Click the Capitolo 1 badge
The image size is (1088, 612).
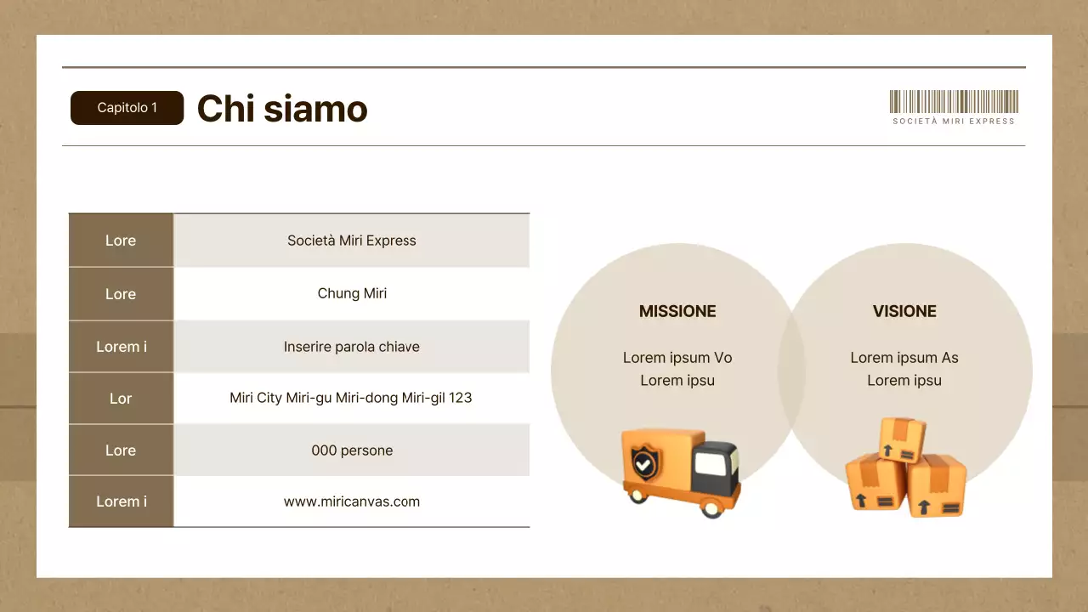(127, 108)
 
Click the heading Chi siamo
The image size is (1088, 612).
(282, 109)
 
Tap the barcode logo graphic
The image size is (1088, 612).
(954, 101)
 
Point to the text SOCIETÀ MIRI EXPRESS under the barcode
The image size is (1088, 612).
(954, 122)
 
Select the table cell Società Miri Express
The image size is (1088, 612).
(351, 241)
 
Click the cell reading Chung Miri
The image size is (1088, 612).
(351, 293)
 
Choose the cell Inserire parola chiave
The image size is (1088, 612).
(351, 347)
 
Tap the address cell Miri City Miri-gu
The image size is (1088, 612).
(350, 398)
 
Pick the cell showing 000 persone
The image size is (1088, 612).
(351, 450)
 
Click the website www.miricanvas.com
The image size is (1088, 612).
(351, 501)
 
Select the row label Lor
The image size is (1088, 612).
(121, 399)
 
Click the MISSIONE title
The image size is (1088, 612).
(677, 311)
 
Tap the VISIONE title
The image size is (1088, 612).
(904, 311)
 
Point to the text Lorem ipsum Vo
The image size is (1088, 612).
(677, 358)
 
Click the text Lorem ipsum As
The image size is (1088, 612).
(904, 358)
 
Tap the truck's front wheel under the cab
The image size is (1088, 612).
(711, 507)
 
